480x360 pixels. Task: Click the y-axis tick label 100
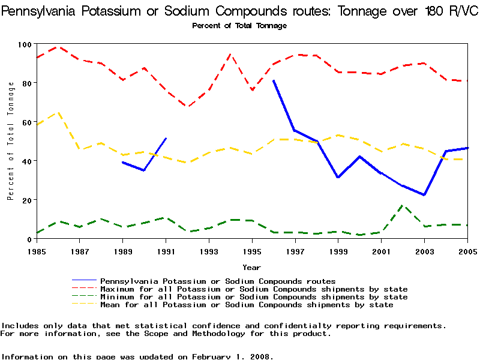click(25, 44)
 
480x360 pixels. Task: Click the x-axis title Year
click(251, 267)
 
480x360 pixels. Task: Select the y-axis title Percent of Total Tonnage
click(11, 141)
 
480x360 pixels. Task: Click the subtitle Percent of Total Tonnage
click(239, 26)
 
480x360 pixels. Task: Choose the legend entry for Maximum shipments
click(254, 289)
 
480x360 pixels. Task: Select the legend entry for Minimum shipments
click(254, 297)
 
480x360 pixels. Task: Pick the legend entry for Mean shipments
click(247, 305)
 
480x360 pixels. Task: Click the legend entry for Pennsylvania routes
click(218, 281)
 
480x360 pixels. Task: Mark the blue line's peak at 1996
click(274, 80)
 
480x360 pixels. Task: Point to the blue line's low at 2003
click(424, 195)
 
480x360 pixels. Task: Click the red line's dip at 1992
click(188, 107)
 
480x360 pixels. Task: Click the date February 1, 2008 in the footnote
click(232, 356)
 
